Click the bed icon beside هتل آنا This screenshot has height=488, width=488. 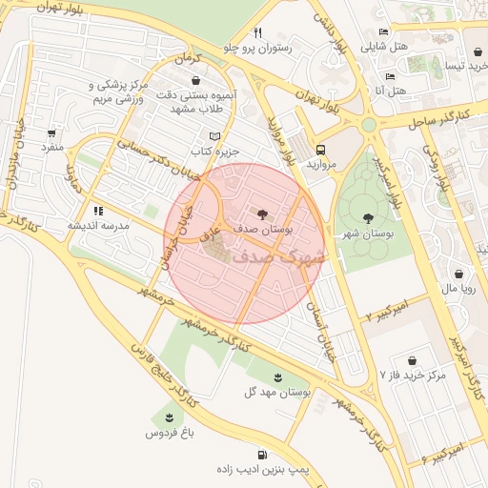tap(390, 76)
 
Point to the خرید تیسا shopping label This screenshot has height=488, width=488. tap(457, 66)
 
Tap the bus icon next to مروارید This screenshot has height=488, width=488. tap(320, 150)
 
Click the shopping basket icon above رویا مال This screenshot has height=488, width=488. tap(459, 274)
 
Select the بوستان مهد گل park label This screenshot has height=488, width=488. tap(265, 392)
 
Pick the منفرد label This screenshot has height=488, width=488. tap(51, 147)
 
